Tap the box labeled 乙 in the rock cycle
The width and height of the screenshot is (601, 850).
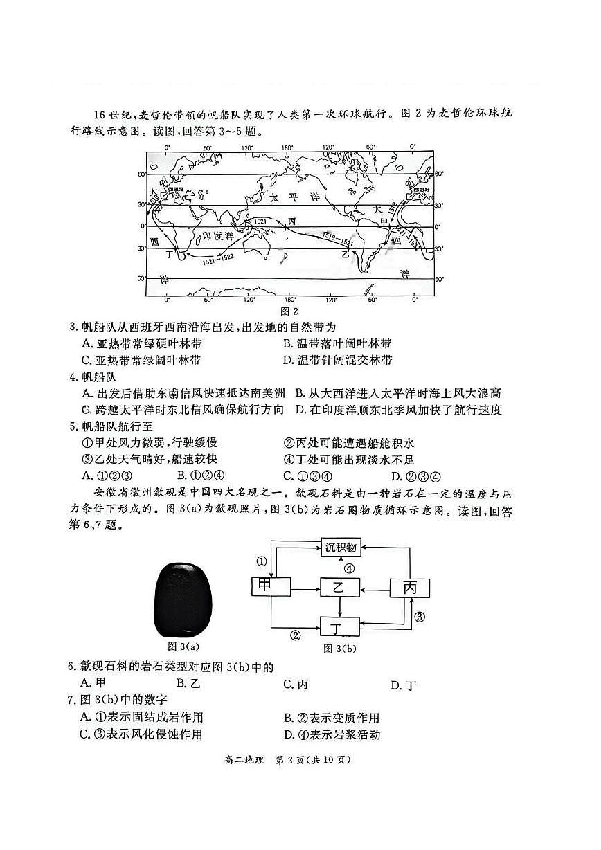click(339, 588)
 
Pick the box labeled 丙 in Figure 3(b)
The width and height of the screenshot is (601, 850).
click(409, 588)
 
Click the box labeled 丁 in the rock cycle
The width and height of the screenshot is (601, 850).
click(339, 628)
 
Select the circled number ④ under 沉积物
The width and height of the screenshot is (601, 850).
click(350, 569)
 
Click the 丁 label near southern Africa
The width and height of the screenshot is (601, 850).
click(169, 255)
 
